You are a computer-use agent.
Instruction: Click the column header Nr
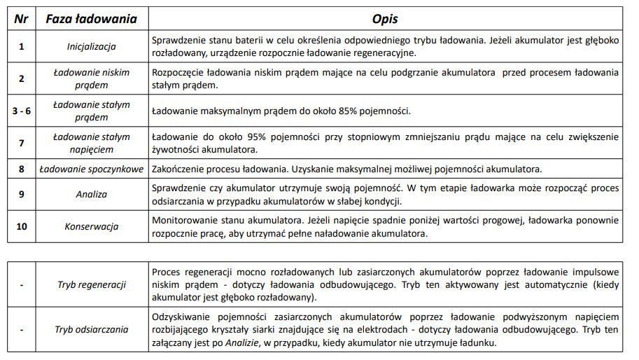[x=21, y=18]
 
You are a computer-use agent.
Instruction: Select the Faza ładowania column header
[x=91, y=18]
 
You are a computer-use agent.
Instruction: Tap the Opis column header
[x=384, y=18]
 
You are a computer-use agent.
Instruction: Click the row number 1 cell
[x=21, y=47]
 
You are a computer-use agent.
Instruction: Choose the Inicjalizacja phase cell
[x=91, y=47]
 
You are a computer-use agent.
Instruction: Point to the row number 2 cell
[x=21, y=78]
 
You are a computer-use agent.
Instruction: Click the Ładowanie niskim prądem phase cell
[x=91, y=78]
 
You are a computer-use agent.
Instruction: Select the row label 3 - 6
[x=21, y=111]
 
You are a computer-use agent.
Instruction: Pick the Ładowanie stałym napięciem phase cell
[x=91, y=142]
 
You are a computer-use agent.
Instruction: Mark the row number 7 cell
[x=21, y=142]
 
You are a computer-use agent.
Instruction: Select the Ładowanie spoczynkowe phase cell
[x=91, y=169]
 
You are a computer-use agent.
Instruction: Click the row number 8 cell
[x=21, y=169]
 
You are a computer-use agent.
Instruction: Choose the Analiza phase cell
[x=91, y=195]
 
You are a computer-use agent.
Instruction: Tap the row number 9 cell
[x=21, y=195]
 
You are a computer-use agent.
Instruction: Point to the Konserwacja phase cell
[x=91, y=227]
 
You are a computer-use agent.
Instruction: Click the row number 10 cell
[x=21, y=227]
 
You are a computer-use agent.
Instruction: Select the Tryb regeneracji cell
[x=91, y=285]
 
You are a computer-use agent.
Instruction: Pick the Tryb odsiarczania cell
[x=91, y=329]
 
